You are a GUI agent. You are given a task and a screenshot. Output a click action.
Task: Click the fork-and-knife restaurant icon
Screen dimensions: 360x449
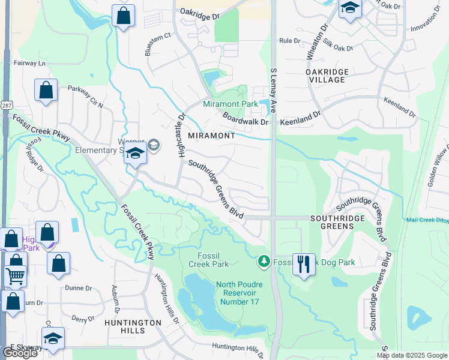(x=304, y=263)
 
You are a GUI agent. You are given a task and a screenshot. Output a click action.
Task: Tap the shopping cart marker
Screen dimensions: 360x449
(x=16, y=276)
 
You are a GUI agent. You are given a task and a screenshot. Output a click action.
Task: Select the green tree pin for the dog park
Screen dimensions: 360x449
(x=264, y=262)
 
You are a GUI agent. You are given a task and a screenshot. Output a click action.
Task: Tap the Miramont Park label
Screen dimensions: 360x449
(x=230, y=104)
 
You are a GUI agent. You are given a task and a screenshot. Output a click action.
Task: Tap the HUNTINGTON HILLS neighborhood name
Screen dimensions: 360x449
(x=133, y=326)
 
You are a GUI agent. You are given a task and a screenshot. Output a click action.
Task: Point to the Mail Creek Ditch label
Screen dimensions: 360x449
(x=426, y=220)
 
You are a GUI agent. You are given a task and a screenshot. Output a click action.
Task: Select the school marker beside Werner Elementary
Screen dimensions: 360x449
(x=135, y=154)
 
